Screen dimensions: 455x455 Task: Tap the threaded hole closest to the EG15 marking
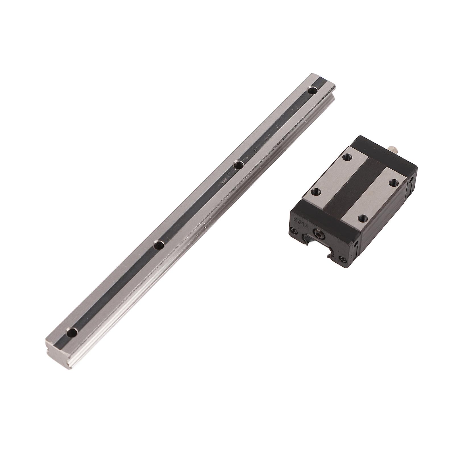(x=314, y=192)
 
